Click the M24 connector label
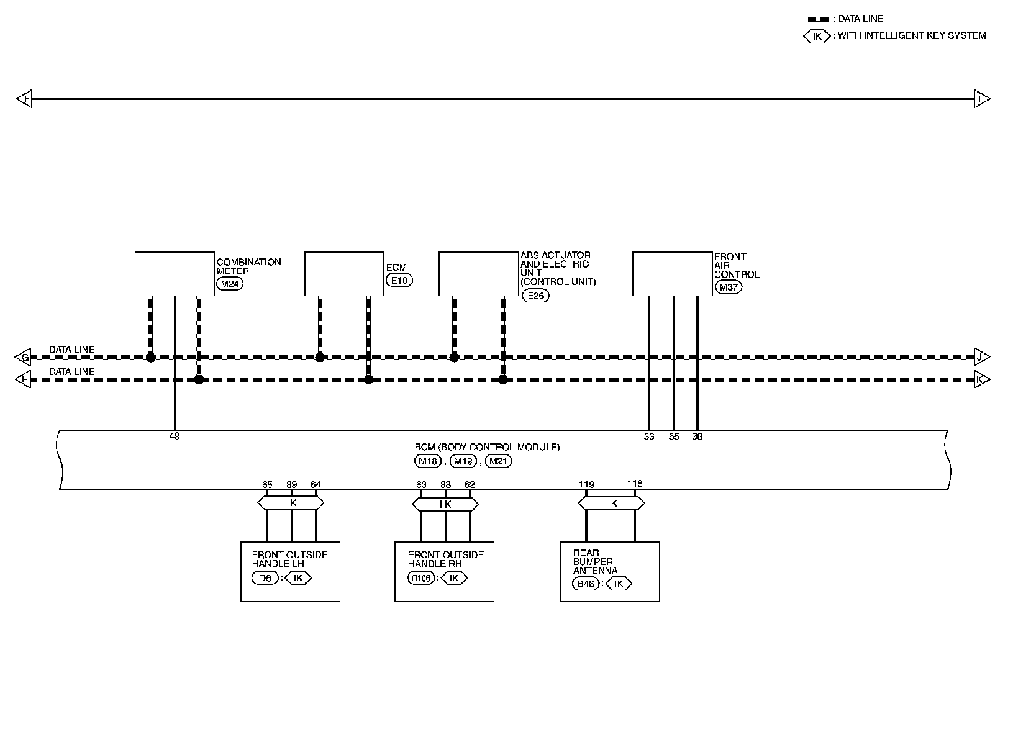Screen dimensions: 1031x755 click(x=230, y=284)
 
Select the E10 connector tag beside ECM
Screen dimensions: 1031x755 click(x=399, y=280)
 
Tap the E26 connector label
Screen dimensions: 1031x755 click(x=535, y=296)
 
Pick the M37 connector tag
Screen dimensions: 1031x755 click(x=728, y=287)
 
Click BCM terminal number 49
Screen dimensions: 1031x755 click(x=175, y=436)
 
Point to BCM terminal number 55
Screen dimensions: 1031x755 click(x=674, y=437)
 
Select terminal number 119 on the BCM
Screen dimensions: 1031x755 click(x=586, y=485)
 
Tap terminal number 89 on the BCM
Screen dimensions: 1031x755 click(x=292, y=485)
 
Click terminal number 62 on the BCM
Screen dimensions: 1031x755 click(x=470, y=485)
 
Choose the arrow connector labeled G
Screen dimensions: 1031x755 click(x=24, y=357)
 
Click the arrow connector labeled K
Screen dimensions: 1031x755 click(x=981, y=379)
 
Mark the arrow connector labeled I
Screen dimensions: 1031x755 click(x=981, y=99)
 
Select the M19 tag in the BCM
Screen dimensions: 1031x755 click(x=462, y=461)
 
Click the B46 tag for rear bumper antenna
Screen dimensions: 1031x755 click(x=585, y=584)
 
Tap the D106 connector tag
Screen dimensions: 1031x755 click(x=422, y=578)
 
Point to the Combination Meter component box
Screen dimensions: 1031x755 click(x=175, y=274)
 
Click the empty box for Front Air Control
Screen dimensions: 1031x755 click(x=672, y=274)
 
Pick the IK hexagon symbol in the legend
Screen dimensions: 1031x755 click(x=817, y=36)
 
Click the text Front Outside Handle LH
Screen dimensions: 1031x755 click(x=289, y=559)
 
